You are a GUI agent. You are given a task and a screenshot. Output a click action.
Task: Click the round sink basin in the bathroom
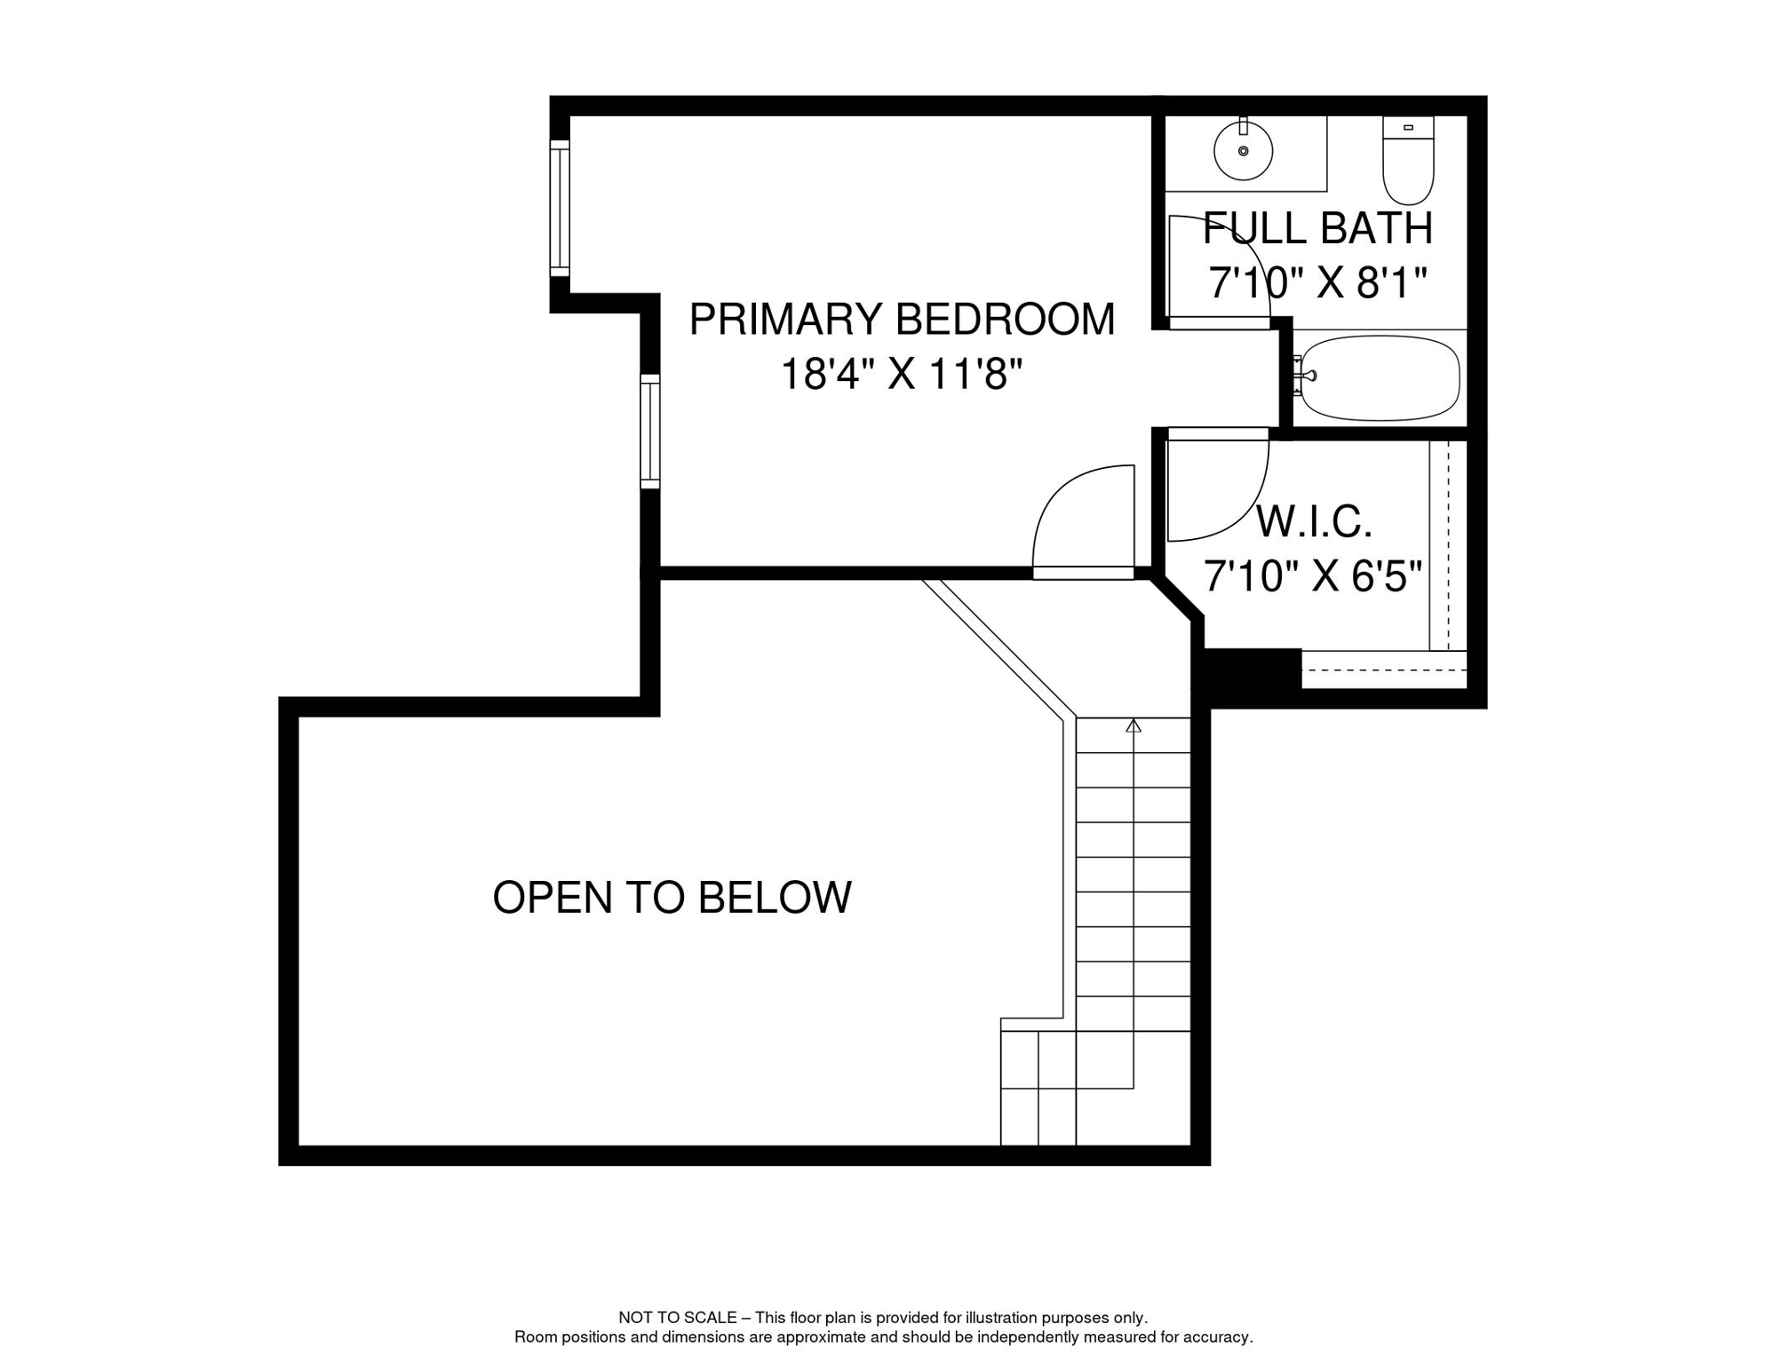point(1243,151)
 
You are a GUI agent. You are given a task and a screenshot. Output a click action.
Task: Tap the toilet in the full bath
point(1408,164)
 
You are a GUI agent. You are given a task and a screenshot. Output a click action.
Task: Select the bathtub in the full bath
point(1379,377)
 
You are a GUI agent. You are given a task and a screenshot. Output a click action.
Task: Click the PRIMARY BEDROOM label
point(901,319)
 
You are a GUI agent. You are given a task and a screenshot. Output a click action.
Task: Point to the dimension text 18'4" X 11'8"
point(901,374)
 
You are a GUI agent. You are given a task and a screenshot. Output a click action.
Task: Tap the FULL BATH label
point(1317,228)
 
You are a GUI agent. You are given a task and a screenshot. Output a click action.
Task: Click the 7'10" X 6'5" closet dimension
point(1312,576)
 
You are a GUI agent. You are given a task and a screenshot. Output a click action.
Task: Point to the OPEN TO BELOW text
point(672,897)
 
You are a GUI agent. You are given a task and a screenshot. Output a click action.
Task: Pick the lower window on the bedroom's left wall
point(650,431)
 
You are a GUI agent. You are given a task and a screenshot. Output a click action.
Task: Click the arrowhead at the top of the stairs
point(1133,726)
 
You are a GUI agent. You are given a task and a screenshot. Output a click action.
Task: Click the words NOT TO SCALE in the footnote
point(677,1318)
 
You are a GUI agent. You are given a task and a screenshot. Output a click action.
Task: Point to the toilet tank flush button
point(1408,128)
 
